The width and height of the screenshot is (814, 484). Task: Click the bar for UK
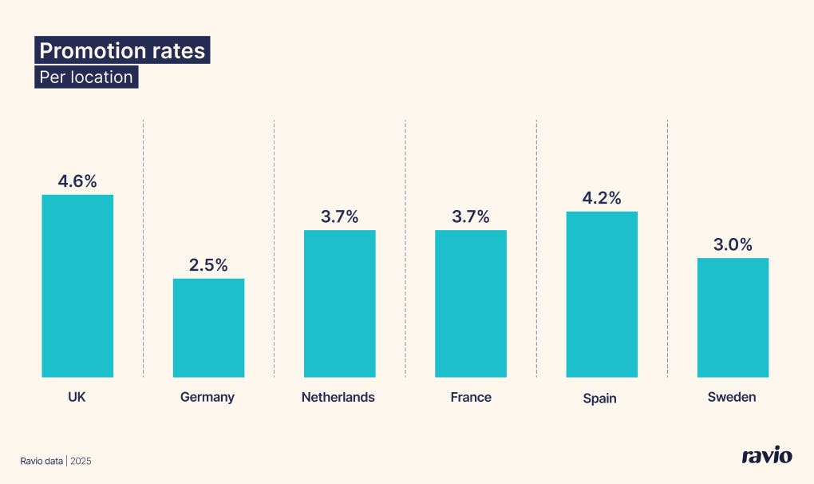coord(77,286)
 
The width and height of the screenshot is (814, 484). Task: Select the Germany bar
coord(208,327)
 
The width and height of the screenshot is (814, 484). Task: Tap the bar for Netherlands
coord(339,303)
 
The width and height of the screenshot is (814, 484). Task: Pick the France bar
coord(470,303)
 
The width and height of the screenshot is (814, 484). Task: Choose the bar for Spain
coord(602,294)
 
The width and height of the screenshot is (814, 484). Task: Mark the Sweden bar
coord(733,317)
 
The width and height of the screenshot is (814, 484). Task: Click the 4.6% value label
coord(77,181)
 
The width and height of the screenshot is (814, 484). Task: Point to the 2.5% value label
coord(208,264)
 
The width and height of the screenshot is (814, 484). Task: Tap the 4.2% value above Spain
coord(602,198)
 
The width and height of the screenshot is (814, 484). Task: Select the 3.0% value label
coord(733,244)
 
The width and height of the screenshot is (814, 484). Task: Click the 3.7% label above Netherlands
coord(339,216)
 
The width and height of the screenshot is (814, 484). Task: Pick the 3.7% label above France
coord(470,216)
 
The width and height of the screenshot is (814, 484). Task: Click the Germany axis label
coord(207,397)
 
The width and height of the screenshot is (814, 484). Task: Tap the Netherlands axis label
coord(338,397)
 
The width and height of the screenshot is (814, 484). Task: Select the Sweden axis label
coord(731,397)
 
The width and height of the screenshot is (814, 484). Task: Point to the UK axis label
coord(77,397)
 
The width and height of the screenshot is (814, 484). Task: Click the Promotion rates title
coord(122,51)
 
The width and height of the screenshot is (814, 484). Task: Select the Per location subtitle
coord(86,77)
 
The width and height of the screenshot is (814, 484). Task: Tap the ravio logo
coord(766,456)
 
